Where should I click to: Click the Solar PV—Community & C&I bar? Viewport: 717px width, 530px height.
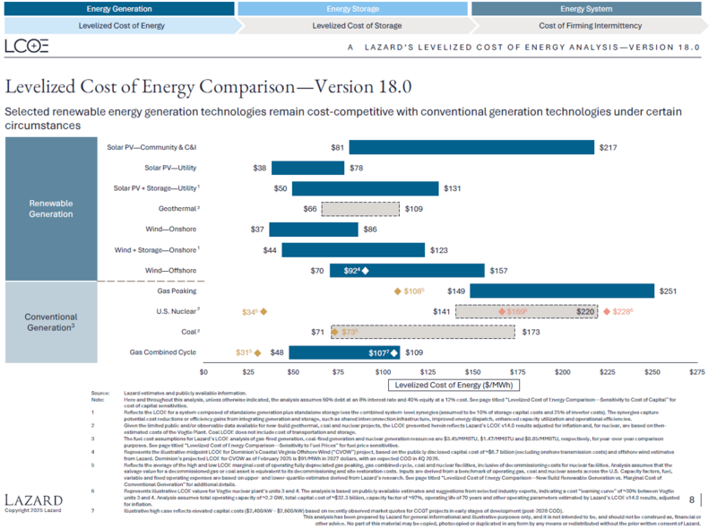coord(471,147)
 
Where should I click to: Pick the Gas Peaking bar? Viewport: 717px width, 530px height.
coord(562,291)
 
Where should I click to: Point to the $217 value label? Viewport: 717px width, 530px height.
coord(608,147)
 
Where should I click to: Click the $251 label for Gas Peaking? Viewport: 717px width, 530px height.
coord(668,291)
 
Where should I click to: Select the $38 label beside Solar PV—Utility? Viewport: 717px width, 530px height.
coord(260,168)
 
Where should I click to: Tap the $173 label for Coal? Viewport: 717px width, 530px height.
coord(531,332)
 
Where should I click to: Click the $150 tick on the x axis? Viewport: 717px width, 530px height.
coord(472,370)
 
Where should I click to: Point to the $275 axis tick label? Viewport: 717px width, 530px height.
coord(696,370)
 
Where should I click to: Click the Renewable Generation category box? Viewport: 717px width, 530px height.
coord(51,209)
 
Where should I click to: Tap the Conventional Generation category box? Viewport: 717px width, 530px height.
coord(51,322)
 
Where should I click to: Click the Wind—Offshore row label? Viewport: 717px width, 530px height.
coord(170,270)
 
